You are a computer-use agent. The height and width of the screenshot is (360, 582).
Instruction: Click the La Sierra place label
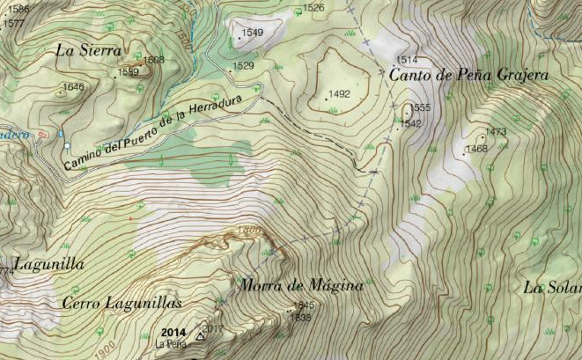[x=88, y=50]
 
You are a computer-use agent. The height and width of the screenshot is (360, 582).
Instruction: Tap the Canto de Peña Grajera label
[x=468, y=76]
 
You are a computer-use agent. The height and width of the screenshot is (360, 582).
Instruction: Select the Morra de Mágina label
[x=301, y=285]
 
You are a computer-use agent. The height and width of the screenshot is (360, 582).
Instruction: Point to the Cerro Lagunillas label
[x=122, y=303]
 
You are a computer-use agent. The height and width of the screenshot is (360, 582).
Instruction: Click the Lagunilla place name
[x=49, y=263]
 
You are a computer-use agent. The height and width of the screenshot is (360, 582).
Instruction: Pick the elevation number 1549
[x=252, y=33]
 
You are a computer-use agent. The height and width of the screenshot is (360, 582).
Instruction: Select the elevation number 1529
[x=243, y=66]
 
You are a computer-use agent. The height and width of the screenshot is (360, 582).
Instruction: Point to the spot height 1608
[x=154, y=60]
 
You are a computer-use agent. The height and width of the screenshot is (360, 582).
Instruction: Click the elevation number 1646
[x=74, y=87]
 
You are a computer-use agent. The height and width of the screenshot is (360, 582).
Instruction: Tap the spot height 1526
[x=313, y=8]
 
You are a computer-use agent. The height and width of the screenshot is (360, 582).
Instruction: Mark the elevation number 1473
[x=496, y=132]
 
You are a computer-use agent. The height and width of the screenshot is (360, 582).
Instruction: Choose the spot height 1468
[x=476, y=149]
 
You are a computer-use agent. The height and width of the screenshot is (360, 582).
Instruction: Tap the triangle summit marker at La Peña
[x=200, y=335]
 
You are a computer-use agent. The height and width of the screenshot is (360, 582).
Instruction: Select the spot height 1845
[x=304, y=305]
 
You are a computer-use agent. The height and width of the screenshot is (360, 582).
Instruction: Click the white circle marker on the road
[x=66, y=144]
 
